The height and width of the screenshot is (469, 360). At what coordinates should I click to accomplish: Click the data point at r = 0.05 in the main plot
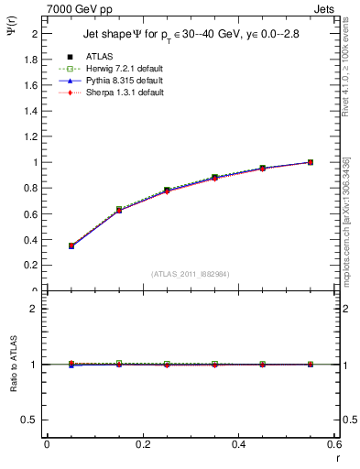[71, 245]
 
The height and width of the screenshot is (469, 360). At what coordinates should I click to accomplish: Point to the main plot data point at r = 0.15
[119, 210]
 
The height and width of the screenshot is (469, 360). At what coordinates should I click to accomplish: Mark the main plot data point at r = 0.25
[167, 191]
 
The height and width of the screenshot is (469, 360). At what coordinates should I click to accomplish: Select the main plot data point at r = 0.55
[311, 162]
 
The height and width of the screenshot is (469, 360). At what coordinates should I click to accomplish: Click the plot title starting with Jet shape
[191, 35]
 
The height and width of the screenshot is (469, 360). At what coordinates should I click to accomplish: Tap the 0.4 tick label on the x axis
[238, 444]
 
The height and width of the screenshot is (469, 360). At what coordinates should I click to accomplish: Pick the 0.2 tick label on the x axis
[143, 444]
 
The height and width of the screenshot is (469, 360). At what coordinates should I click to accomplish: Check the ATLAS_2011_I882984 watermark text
[191, 274]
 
